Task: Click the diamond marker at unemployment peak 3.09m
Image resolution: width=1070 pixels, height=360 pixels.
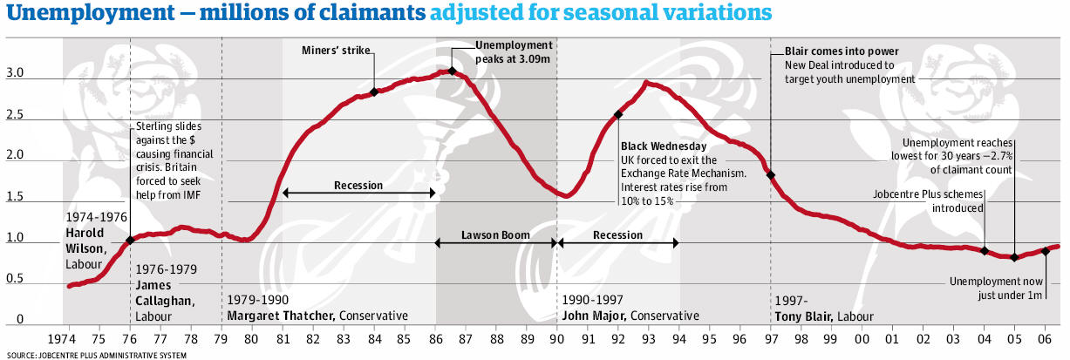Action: point(452,71)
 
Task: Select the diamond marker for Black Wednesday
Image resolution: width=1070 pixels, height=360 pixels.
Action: point(618,114)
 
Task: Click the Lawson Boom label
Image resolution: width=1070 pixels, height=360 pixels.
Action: point(495,235)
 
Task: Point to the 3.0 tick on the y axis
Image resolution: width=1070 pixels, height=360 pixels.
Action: point(14,75)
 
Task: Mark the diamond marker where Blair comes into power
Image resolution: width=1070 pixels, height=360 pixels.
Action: point(770,175)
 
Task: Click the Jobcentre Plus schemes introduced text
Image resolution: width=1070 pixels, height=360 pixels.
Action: point(929,201)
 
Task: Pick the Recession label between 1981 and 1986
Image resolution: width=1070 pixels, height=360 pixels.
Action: point(358,186)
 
